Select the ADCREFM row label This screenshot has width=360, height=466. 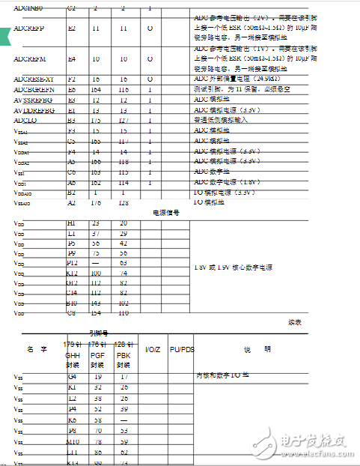point(29,58)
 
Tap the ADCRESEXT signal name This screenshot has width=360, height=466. point(34,78)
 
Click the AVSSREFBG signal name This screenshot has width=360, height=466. point(34,100)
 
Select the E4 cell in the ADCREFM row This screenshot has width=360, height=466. point(72,58)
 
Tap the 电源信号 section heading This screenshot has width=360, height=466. point(166,212)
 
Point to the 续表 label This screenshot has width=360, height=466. point(295,322)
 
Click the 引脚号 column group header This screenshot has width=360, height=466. point(100,333)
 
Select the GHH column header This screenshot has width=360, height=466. point(73,354)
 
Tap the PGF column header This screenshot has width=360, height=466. point(97,354)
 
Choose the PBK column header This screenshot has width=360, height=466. point(123,354)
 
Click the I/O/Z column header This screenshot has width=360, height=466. point(152,349)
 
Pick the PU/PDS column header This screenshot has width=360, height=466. point(182,349)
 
